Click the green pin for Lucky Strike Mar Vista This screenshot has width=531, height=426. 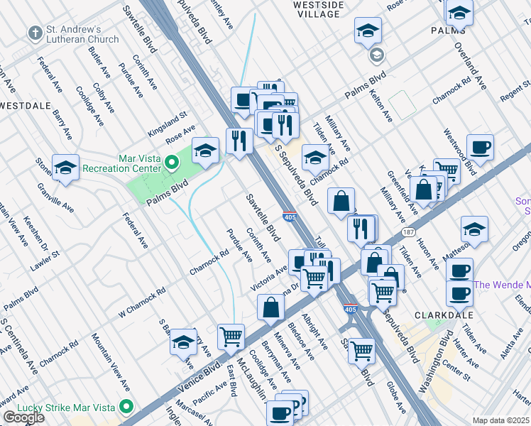[x=126, y=407]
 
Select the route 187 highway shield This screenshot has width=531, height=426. [x=408, y=232]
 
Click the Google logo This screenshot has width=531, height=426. [x=23, y=417]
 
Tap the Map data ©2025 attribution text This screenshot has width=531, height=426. [x=500, y=420]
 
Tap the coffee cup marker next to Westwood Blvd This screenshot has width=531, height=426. [x=481, y=148]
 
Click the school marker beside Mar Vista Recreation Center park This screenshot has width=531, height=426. [x=205, y=151]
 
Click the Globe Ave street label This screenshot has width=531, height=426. [x=396, y=398]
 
